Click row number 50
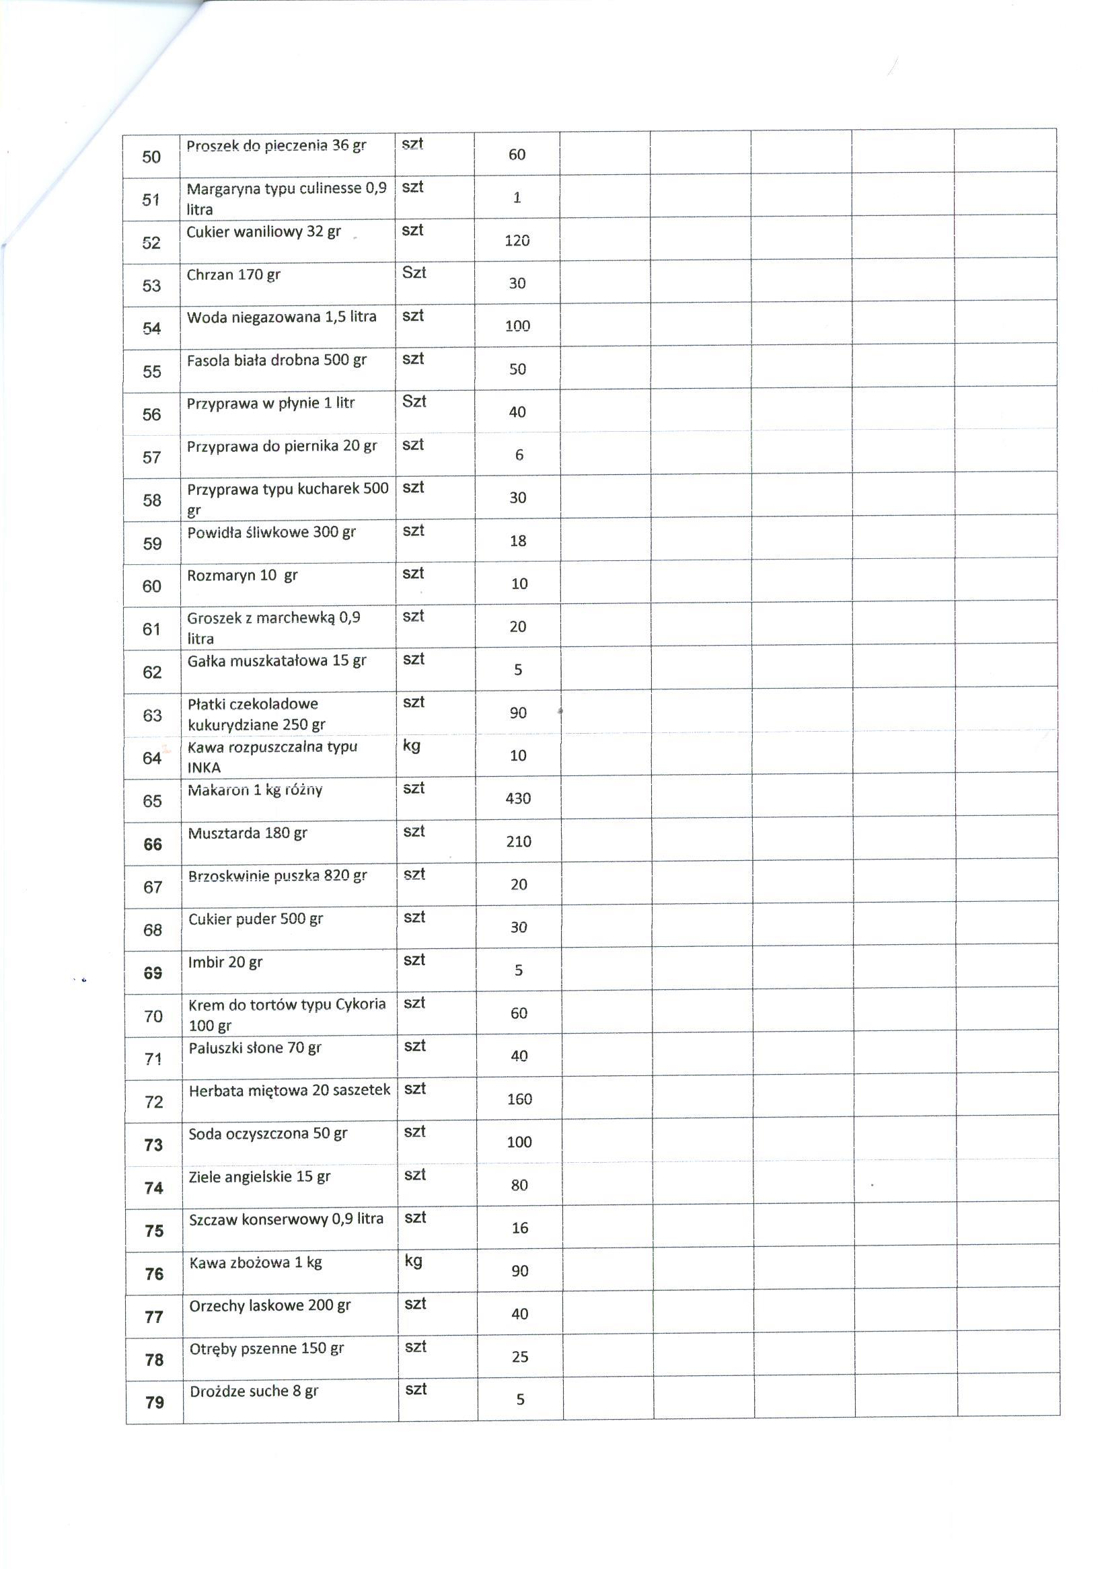[151, 157]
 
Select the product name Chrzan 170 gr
[233, 275]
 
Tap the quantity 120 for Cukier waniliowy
[517, 241]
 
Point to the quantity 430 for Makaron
[519, 798]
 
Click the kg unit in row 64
[412, 745]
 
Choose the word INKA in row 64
[204, 768]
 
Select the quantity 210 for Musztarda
[519, 841]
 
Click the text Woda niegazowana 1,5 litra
[281, 317]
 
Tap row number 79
[155, 1403]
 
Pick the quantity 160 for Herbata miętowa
[519, 1100]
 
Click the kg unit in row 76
[414, 1260]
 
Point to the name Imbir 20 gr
[225, 962]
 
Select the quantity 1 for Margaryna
[517, 198]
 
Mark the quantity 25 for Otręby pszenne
[520, 1356]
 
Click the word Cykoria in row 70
[361, 1004]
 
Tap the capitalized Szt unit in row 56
[414, 401]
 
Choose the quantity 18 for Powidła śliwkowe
[519, 541]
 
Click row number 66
[153, 845]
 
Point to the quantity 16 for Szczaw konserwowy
[520, 1228]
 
